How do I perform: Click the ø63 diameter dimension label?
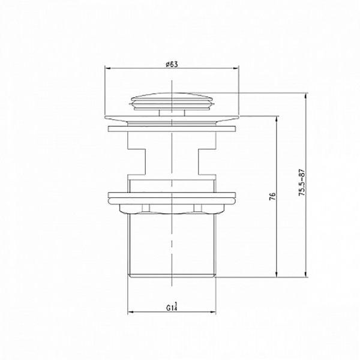coord(172,64)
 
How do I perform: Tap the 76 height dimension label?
coord(272,196)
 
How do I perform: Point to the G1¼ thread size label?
coord(172,307)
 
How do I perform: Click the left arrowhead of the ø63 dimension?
coord(108,68)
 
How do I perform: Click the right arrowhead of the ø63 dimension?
coord(236,68)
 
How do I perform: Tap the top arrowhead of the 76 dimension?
coord(277,119)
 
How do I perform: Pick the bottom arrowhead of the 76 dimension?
coord(277,274)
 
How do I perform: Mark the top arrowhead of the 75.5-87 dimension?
coord(305,97)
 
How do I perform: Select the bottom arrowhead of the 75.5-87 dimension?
coord(305,274)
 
